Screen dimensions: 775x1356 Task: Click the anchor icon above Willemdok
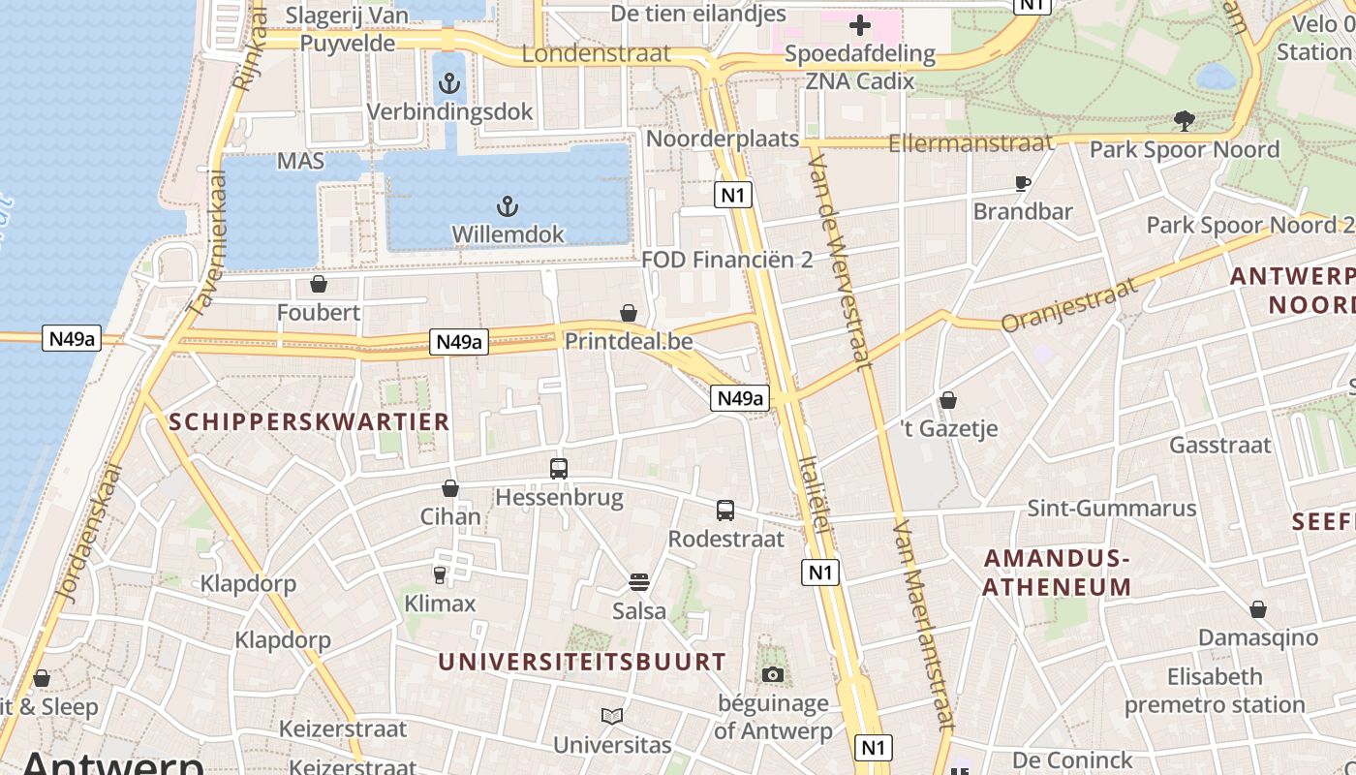[x=507, y=206]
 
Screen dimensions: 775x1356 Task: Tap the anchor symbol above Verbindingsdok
[x=448, y=83]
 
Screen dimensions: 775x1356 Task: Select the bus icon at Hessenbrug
[x=559, y=469]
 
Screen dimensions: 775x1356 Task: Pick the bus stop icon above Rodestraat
[x=725, y=511]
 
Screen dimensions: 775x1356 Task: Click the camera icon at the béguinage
[x=772, y=674]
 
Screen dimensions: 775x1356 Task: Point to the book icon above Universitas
[x=611, y=717]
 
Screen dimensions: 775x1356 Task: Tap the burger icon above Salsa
[x=638, y=582]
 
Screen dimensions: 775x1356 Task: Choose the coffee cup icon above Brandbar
[x=1022, y=183]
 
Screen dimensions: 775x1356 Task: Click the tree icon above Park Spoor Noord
[x=1184, y=121]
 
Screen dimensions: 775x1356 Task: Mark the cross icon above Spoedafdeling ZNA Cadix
[x=859, y=25]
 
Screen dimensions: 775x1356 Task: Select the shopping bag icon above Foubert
[x=318, y=284]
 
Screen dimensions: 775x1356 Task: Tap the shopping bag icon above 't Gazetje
[x=948, y=400]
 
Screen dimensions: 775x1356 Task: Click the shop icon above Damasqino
[x=1257, y=609]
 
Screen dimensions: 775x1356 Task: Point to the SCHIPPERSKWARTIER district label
[x=309, y=421]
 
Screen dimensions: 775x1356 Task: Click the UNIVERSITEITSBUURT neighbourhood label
[x=581, y=663]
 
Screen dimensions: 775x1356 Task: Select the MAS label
[x=300, y=161]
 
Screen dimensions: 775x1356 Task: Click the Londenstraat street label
[x=596, y=53]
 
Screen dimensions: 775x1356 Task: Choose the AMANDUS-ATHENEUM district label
[x=1057, y=573]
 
